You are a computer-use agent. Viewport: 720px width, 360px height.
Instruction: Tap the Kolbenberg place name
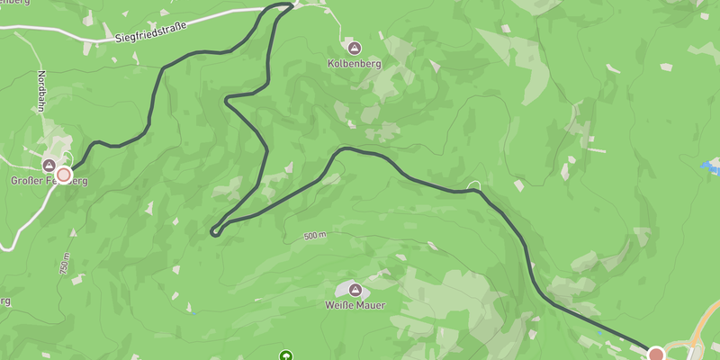pos(355,64)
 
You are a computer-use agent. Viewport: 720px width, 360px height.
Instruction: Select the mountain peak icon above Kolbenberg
pos(355,47)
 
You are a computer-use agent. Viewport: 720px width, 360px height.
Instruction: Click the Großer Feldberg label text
pos(49,181)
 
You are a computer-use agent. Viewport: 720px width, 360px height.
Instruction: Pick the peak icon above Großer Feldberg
pos(49,165)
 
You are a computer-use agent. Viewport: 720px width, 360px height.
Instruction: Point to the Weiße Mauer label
pos(355,305)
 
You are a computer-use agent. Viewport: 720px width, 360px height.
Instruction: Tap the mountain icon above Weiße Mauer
pos(355,290)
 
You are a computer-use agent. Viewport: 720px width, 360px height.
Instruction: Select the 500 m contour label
pos(314,236)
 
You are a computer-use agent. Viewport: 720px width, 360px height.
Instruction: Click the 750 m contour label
pos(65,261)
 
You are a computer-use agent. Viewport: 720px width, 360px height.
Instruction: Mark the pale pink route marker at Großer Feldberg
pos(64,174)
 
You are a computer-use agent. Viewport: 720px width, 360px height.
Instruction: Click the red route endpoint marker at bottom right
pos(656,354)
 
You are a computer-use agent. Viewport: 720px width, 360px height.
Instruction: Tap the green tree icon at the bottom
pos(286,355)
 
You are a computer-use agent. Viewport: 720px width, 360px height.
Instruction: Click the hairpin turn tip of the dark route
pos(214,232)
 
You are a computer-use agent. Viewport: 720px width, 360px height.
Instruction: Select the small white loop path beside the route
pos(476,185)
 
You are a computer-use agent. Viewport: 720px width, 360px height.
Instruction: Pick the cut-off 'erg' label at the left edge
pos(4,301)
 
